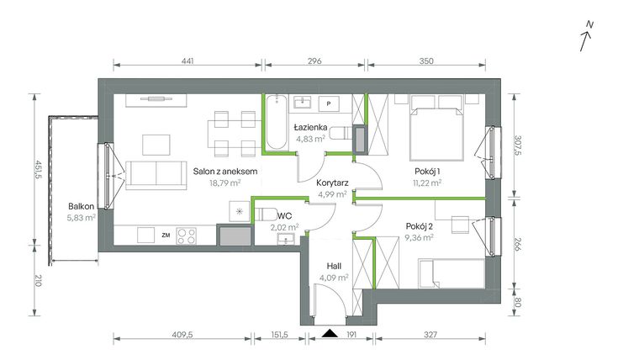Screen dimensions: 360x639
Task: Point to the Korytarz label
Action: pos(333,182)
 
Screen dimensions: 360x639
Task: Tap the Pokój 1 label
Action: pos(428,169)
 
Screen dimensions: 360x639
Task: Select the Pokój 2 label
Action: pos(419,225)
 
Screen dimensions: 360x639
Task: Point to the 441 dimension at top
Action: pos(187,62)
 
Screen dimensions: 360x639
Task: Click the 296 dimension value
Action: pos(314,62)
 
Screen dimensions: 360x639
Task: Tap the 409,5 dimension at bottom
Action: pos(182,335)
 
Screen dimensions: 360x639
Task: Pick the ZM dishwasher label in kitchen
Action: pos(166,236)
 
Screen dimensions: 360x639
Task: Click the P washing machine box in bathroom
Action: pos(329,104)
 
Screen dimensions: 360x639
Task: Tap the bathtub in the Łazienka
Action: pos(277,125)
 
